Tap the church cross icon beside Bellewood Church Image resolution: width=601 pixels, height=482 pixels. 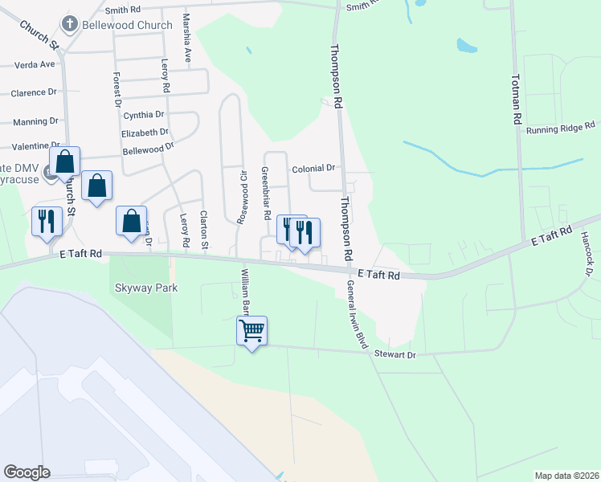pyautogui.click(x=70, y=25)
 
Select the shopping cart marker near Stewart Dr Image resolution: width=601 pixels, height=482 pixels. pyautogui.click(x=251, y=330)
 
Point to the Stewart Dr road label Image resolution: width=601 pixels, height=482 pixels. pyautogui.click(x=395, y=353)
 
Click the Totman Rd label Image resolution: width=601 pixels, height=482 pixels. pyautogui.click(x=516, y=100)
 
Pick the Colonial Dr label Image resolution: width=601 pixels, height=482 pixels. pyautogui.click(x=313, y=169)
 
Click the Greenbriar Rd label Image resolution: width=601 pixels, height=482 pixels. pyautogui.click(x=264, y=193)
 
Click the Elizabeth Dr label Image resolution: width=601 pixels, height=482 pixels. pyautogui.click(x=145, y=133)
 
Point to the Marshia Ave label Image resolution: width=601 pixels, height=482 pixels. pyautogui.click(x=187, y=37)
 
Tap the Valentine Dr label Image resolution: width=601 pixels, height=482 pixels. pyautogui.click(x=35, y=146)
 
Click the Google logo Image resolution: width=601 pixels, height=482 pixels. pyautogui.click(x=27, y=472)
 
